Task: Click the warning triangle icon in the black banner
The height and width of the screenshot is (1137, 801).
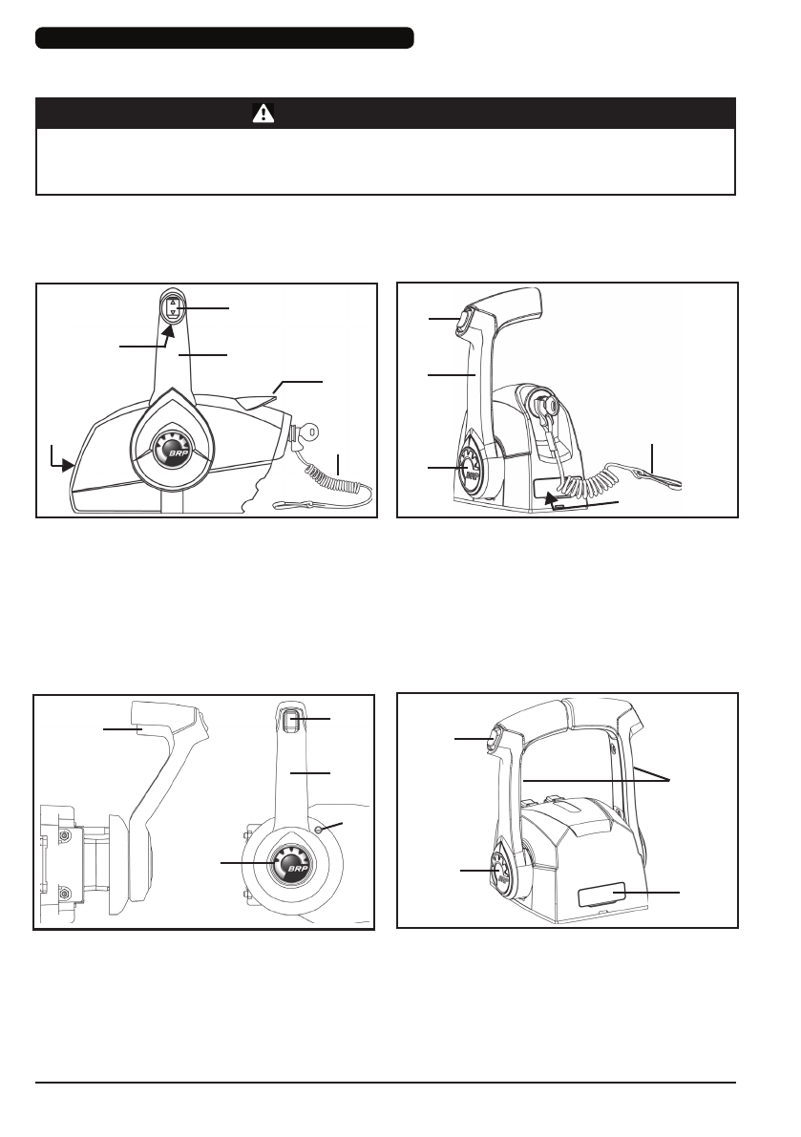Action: pyautogui.click(x=263, y=113)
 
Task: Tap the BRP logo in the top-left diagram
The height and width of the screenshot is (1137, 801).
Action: pyautogui.click(x=173, y=453)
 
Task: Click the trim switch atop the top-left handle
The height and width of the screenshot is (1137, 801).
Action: pyautogui.click(x=173, y=309)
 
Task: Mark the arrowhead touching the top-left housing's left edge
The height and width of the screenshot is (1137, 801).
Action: pyautogui.click(x=69, y=466)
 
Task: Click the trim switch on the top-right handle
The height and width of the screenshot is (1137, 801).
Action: pyautogui.click(x=463, y=321)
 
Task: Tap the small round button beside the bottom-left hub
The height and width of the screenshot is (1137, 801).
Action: pyautogui.click(x=319, y=830)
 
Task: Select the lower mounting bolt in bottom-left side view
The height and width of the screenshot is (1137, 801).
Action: pyautogui.click(x=66, y=893)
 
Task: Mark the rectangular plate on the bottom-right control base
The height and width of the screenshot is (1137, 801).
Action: pyautogui.click(x=601, y=895)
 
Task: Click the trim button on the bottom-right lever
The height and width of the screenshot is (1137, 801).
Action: pyautogui.click(x=495, y=739)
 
